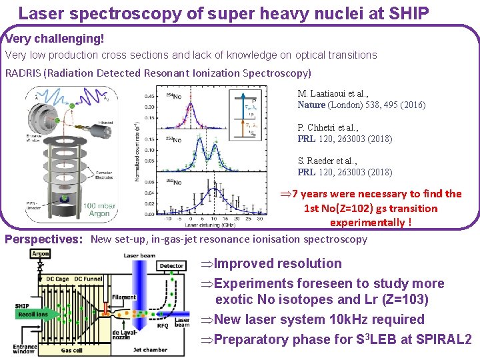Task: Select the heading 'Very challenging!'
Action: [x=55, y=38]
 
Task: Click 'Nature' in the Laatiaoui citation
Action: [x=312, y=105]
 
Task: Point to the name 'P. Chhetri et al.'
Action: [x=327, y=128]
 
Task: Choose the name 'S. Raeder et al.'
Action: [x=327, y=161]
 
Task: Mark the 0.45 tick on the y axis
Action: [x=151, y=96]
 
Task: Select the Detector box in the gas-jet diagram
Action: [x=172, y=265]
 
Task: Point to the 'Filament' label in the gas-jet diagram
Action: [x=124, y=297]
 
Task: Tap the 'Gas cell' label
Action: [x=73, y=349]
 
